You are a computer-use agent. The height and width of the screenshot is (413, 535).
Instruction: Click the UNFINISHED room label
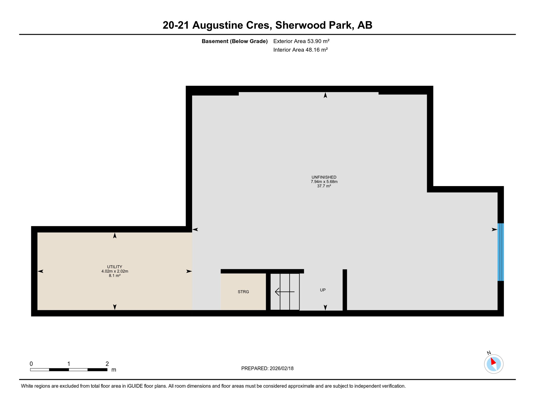pyautogui.click(x=324, y=177)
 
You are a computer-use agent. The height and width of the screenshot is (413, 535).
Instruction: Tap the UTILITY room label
pyautogui.click(x=115, y=267)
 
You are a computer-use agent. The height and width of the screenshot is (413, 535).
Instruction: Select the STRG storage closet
pyautogui.click(x=243, y=292)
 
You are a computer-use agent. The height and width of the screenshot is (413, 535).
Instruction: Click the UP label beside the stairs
pyautogui.click(x=323, y=290)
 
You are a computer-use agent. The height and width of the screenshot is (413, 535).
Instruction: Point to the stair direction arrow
pyautogui.click(x=284, y=292)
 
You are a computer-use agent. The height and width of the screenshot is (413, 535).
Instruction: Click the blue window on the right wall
pyautogui.click(x=500, y=252)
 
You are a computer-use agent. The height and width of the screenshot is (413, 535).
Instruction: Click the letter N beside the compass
pyautogui.click(x=489, y=353)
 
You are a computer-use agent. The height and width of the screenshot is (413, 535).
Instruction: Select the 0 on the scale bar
pyautogui.click(x=31, y=364)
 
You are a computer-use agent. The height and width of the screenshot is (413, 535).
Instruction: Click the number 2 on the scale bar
pyautogui.click(x=107, y=364)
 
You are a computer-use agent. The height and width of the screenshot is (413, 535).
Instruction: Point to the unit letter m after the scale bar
pyautogui.click(x=114, y=370)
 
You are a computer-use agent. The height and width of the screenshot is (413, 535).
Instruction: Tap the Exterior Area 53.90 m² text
pyautogui.click(x=301, y=41)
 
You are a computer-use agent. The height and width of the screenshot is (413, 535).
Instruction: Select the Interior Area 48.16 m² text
pyautogui.click(x=300, y=50)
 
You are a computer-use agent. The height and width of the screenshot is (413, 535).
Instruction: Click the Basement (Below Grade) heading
pyautogui.click(x=234, y=41)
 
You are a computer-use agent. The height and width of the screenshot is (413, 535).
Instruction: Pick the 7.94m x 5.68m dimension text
pyautogui.click(x=324, y=181)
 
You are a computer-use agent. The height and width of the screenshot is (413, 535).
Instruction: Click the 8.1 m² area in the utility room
pyautogui.click(x=115, y=276)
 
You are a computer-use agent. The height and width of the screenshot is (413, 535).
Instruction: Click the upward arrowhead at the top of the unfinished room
pyautogui.click(x=325, y=95)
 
